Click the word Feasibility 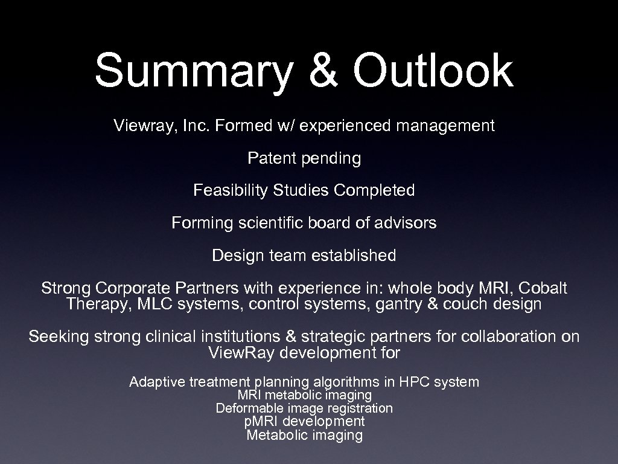coord(231,191)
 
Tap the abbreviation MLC coord(154,304)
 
